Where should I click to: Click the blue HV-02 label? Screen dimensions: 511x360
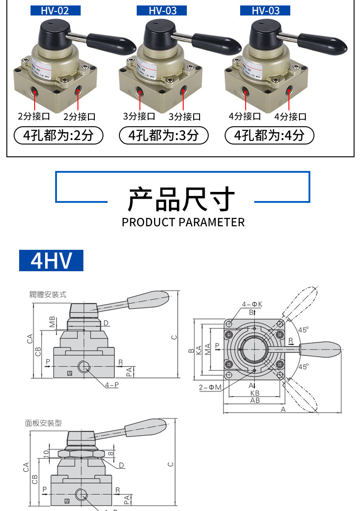[x=55, y=10]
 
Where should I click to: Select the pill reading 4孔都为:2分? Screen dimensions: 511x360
[x=59, y=135]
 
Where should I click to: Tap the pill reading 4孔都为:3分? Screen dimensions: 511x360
[x=164, y=135]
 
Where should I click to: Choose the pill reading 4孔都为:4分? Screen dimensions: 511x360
[x=269, y=135]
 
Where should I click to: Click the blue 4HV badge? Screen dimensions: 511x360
[x=51, y=260]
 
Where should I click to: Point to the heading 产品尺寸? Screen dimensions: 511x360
[x=181, y=200]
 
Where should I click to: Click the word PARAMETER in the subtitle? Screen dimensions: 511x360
[x=212, y=222]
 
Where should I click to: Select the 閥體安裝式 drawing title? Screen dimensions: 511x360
[x=48, y=295]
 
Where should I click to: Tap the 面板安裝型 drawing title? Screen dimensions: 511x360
[x=43, y=423]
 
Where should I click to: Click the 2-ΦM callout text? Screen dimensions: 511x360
[x=210, y=387]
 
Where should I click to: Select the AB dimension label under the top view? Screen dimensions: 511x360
[x=255, y=400]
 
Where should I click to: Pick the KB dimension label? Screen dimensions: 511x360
[x=255, y=392]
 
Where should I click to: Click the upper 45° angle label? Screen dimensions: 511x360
[x=303, y=329]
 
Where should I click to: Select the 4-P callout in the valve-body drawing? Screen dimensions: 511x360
[x=112, y=385]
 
